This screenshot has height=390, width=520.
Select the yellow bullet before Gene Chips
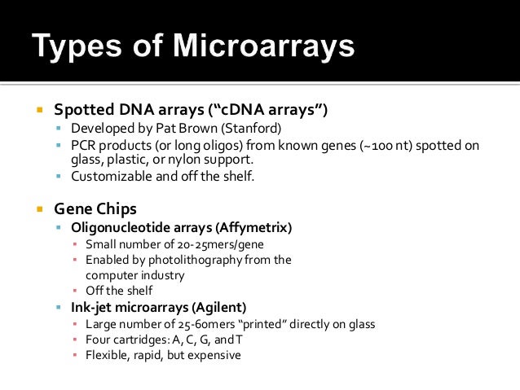(38, 209)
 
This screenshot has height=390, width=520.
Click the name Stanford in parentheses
(259, 129)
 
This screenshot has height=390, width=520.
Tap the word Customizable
(112, 176)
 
